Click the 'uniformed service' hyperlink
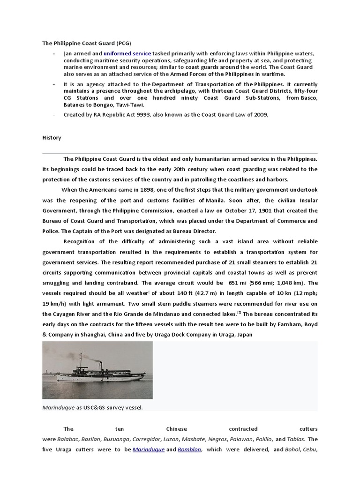(x=127, y=54)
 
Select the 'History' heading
(x=52, y=138)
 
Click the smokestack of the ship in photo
(x=99, y=365)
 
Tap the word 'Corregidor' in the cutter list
(x=149, y=439)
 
